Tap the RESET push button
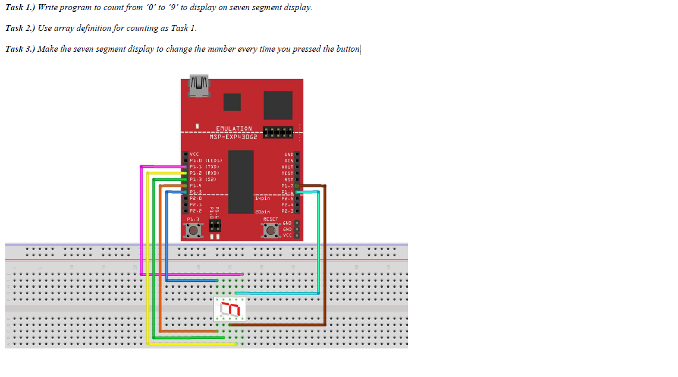click(x=271, y=231)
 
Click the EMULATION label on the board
click(x=234, y=128)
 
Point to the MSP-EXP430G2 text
click(x=233, y=136)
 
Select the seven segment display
click(x=230, y=309)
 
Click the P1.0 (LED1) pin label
click(x=205, y=161)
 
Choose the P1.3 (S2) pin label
click(x=202, y=179)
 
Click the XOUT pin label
click(x=288, y=167)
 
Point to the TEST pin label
click(x=288, y=173)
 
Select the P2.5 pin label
click(x=288, y=198)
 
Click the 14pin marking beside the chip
click(x=262, y=198)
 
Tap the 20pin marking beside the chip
click(x=262, y=211)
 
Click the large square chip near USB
click(x=278, y=105)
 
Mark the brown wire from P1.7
click(x=325, y=256)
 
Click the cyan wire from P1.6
click(x=319, y=250)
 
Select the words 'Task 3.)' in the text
click(x=20, y=49)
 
